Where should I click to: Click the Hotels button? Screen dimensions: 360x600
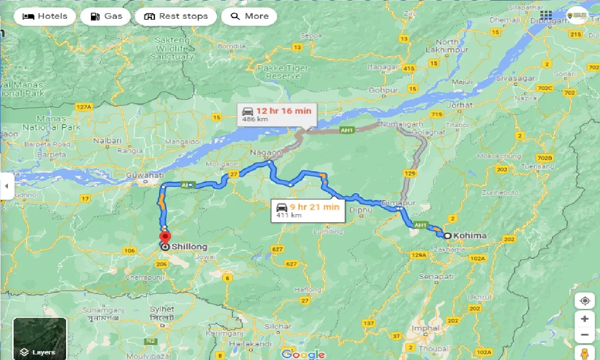(x=45, y=16)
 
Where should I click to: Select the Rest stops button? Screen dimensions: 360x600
(x=176, y=16)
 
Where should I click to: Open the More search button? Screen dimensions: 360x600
(x=249, y=16)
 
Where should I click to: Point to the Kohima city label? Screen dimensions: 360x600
(x=470, y=236)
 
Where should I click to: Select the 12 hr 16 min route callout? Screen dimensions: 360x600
(x=277, y=114)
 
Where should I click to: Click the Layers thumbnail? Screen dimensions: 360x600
(x=40, y=339)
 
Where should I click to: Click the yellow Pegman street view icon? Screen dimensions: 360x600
(x=585, y=353)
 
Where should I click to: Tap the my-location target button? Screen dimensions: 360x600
(x=585, y=301)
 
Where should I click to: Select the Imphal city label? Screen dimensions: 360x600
(x=425, y=328)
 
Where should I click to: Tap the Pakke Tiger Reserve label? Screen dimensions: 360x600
(x=283, y=72)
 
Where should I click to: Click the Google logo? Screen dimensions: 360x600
(x=303, y=354)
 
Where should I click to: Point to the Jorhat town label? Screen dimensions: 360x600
(x=460, y=105)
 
